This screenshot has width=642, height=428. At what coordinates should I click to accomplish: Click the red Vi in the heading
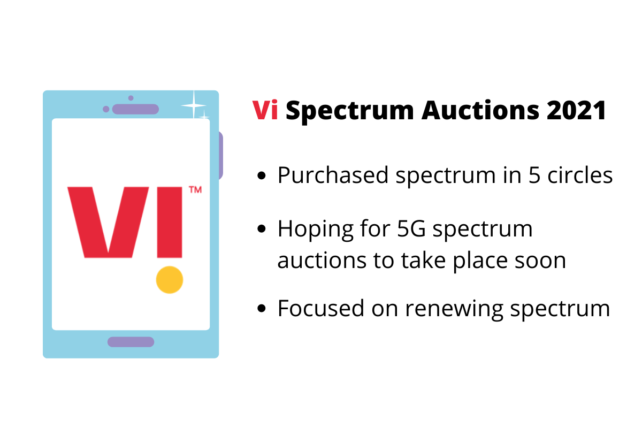[265, 110]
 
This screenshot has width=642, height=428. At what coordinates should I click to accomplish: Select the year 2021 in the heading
[576, 110]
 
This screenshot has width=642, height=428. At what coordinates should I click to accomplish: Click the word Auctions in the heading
[480, 110]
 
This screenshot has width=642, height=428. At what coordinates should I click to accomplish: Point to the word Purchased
[333, 175]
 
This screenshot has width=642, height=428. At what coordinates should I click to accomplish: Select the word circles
[580, 175]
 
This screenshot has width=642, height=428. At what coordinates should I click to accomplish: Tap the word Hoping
[316, 230]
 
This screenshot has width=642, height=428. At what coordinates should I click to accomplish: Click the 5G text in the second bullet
[411, 229]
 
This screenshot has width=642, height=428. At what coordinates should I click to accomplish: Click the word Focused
[320, 308]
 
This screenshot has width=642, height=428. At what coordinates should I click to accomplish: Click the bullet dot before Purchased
[262, 175]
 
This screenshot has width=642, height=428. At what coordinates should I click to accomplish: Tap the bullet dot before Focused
[262, 309]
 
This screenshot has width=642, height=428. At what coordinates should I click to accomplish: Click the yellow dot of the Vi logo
[170, 280]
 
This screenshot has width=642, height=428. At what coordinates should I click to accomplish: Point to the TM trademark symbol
[195, 190]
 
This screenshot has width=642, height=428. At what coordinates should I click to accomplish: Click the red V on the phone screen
[108, 223]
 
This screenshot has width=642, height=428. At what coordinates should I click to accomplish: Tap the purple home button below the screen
[131, 342]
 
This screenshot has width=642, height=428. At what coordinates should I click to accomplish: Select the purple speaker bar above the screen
[135, 109]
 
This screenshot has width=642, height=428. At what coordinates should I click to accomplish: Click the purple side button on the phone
[220, 156]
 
